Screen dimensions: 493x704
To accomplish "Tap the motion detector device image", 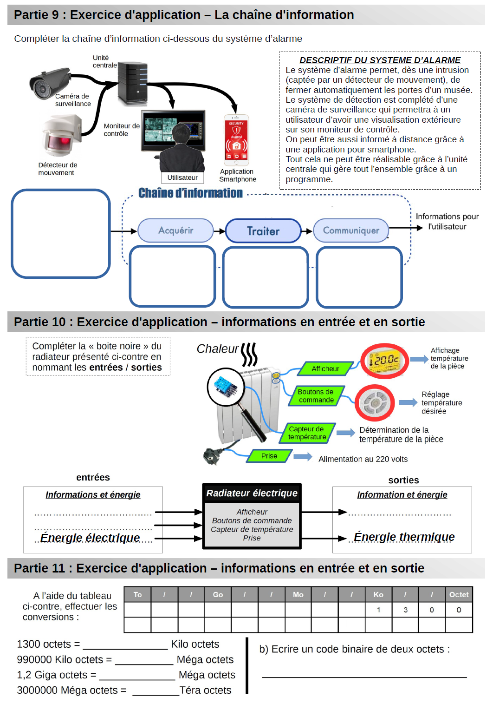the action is pyautogui.click(x=62, y=135).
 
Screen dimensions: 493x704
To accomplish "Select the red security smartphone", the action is pyautogui.click(x=236, y=140).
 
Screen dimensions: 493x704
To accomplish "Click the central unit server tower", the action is pyautogui.click(x=132, y=84).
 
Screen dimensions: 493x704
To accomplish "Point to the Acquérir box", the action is pyautogui.click(x=175, y=230).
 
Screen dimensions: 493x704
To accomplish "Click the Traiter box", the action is pyautogui.click(x=263, y=231).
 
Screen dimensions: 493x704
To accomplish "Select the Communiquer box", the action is pyautogui.click(x=351, y=230).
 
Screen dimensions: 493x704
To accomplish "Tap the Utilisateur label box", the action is pyautogui.click(x=182, y=178).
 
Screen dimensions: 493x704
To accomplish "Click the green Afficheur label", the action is pyautogui.click(x=325, y=368).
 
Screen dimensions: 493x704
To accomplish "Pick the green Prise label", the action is pyautogui.click(x=269, y=456).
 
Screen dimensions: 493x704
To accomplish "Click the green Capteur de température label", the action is pyautogui.click(x=307, y=433).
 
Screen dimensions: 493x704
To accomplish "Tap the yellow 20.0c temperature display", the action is pyautogui.click(x=385, y=361).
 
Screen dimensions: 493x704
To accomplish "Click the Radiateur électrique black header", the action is pyautogui.click(x=252, y=493).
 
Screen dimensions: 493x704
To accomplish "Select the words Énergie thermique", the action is pyautogui.click(x=404, y=537).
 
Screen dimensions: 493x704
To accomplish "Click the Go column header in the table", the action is pyautogui.click(x=218, y=594).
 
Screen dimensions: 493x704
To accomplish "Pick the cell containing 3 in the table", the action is pyautogui.click(x=405, y=610).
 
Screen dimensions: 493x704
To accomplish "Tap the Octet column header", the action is pyautogui.click(x=459, y=594).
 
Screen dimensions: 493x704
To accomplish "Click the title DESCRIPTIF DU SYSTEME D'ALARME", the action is pyautogui.click(x=380, y=60).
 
